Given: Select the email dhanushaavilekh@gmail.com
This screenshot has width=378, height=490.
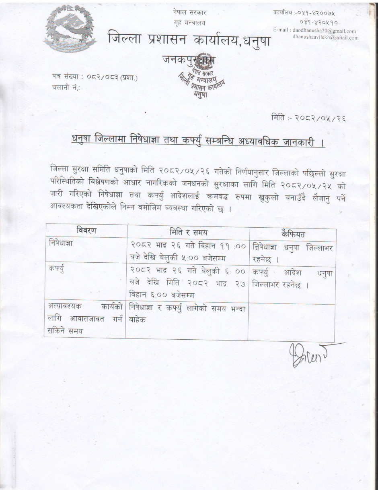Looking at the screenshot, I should (x=326, y=37).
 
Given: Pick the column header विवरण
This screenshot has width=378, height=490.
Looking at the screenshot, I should (x=86, y=231).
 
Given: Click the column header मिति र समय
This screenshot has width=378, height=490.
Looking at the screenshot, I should (x=188, y=232).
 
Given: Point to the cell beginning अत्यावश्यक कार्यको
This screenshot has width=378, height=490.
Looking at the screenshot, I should (x=85, y=318).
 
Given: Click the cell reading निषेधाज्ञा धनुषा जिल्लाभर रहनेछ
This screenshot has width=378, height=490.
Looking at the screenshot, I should (x=292, y=253).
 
